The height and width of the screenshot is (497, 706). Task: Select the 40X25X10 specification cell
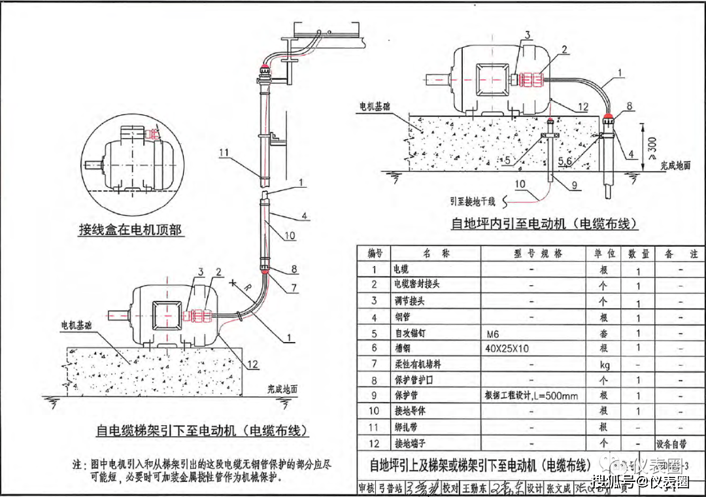click(507, 349)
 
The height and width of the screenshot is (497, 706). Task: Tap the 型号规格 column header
click(537, 254)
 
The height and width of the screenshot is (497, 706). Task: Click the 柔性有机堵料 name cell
click(415, 364)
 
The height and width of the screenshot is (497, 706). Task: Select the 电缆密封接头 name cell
click(415, 285)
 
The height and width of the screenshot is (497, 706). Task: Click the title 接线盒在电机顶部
click(130, 230)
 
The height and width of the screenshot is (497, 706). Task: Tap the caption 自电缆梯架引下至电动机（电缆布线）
click(201, 431)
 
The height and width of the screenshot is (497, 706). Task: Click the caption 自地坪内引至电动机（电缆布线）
click(543, 224)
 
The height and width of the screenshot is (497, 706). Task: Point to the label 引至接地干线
click(474, 201)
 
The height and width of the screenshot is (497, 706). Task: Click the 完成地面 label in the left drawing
click(282, 388)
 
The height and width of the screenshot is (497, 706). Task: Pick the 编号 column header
click(375, 254)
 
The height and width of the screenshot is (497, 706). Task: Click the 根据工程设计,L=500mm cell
click(531, 396)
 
